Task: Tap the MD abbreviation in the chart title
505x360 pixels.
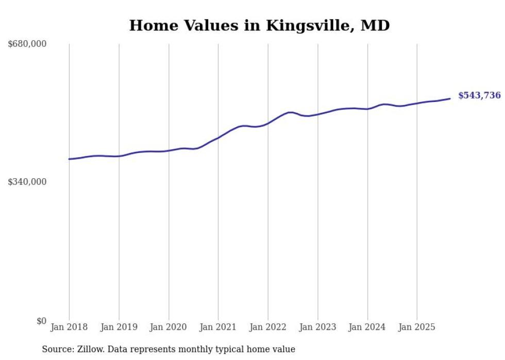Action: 376,25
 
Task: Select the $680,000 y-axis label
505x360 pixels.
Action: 27,44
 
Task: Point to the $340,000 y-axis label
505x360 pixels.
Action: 27,182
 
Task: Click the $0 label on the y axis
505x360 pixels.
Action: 41,321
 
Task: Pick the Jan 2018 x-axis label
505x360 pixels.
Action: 69,327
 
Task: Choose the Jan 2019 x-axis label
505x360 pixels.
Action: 119,327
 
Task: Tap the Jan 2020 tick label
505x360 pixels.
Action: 169,327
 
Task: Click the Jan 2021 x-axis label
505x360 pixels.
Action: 218,327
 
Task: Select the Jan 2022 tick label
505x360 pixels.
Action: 268,327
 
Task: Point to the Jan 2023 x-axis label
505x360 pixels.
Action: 318,327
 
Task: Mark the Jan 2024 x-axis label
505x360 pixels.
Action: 367,327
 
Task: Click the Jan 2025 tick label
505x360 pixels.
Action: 417,327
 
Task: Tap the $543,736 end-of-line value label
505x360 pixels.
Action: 479,95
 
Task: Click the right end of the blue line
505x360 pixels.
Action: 450,98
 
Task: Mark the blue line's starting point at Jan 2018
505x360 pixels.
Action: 69,159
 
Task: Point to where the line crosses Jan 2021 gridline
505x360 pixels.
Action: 218,138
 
